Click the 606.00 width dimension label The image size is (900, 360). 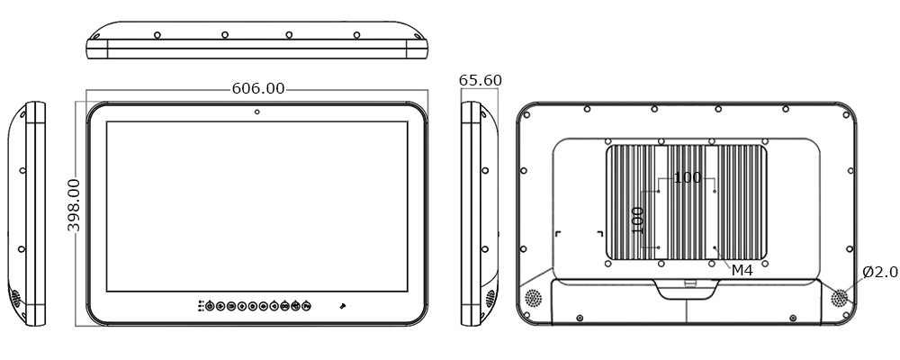tap(257, 88)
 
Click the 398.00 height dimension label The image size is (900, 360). tap(74, 205)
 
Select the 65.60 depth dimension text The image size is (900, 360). tap(480, 80)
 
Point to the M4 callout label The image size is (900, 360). tap(741, 270)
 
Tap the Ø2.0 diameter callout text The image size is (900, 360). tap(879, 272)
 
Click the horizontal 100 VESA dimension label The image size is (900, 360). tap(687, 177)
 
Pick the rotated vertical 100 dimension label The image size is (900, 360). tap(638, 220)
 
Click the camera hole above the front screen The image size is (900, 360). tap(257, 112)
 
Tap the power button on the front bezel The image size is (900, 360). tap(210, 306)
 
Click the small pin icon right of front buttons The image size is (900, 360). tap(342, 306)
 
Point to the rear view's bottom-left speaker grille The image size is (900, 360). tap(533, 297)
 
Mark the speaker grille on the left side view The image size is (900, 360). tap(15, 296)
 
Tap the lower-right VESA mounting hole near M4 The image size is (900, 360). tap(715, 247)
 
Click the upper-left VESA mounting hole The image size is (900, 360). tap(660, 191)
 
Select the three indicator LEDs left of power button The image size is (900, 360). tap(200, 306)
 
